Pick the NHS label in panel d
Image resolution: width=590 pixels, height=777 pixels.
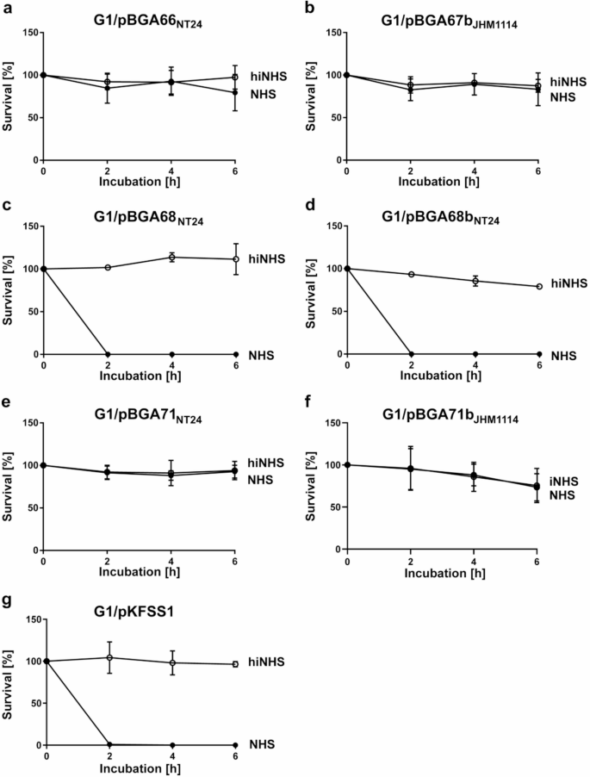coord(565,354)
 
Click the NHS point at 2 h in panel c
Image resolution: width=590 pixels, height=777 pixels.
coord(108,354)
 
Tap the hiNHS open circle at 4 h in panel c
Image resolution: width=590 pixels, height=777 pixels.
coord(171,258)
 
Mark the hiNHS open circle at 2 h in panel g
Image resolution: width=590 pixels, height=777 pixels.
coord(108,657)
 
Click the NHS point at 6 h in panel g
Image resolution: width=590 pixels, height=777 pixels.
coord(235,745)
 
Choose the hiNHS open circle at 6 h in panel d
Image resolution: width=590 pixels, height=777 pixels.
coord(539,287)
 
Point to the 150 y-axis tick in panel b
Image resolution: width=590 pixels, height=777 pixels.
coord(336,33)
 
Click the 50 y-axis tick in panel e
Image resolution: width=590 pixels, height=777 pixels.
coord(33,508)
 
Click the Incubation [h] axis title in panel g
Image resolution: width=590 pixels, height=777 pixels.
coord(140,768)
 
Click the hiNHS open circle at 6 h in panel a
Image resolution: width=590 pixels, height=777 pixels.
coord(235,78)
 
